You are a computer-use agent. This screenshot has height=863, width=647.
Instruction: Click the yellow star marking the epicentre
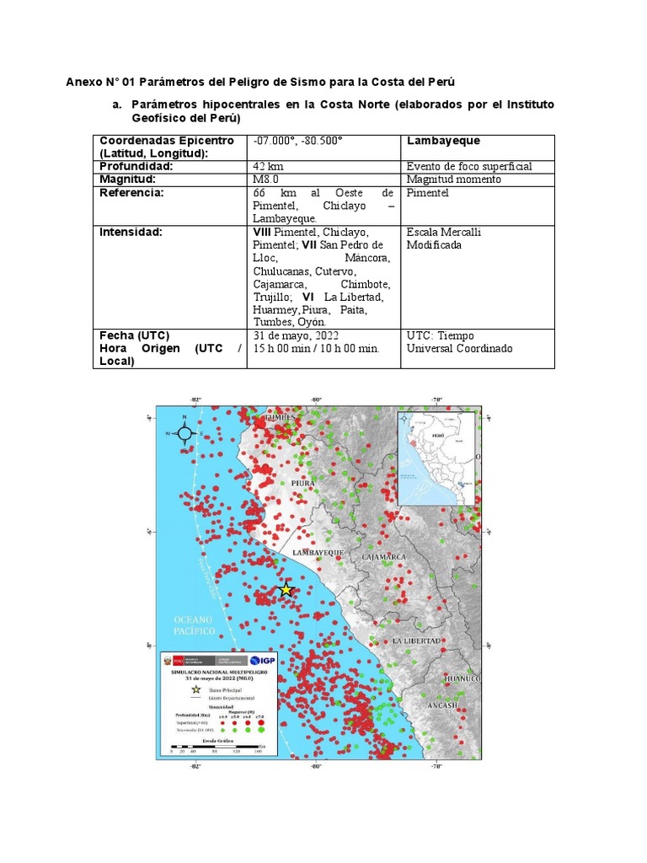(x=286, y=590)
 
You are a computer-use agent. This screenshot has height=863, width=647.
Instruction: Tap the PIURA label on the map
(x=302, y=483)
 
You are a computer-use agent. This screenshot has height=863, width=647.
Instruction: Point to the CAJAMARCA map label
(x=383, y=557)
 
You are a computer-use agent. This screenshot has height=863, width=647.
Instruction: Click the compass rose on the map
(x=186, y=432)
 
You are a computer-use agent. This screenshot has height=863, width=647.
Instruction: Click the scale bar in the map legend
(x=215, y=747)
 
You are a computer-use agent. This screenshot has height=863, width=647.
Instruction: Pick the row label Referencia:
(x=132, y=192)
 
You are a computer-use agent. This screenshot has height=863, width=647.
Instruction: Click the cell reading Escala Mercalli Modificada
(x=444, y=239)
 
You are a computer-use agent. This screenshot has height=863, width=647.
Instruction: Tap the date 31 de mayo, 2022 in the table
(x=295, y=335)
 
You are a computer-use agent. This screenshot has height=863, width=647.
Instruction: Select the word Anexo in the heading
(x=85, y=82)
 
